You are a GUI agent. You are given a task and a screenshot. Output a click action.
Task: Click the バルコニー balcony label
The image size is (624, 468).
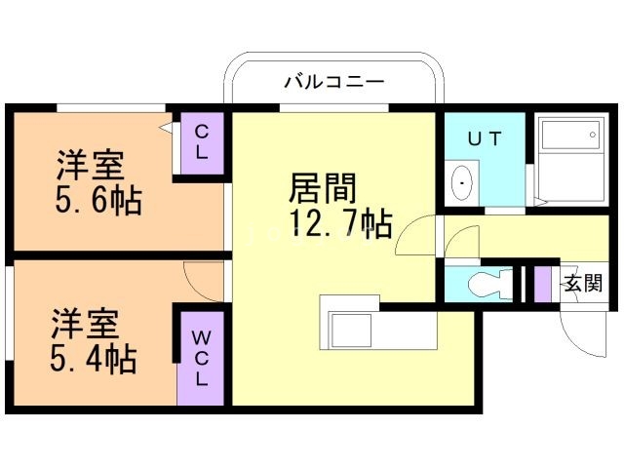(333, 81)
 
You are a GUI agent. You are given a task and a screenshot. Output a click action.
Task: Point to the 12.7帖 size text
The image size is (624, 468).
(339, 226)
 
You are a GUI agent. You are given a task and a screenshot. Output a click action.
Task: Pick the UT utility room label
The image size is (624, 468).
(484, 138)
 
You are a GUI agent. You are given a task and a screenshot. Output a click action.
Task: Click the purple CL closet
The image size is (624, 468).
(202, 142)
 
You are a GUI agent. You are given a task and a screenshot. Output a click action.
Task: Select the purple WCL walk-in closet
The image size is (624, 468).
(199, 357)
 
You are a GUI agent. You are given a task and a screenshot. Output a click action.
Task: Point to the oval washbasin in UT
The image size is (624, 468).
(462, 182)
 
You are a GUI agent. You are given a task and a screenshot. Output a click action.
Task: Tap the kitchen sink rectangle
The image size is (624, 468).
(347, 330)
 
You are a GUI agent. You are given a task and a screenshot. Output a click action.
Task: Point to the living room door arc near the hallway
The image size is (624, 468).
(413, 236)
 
